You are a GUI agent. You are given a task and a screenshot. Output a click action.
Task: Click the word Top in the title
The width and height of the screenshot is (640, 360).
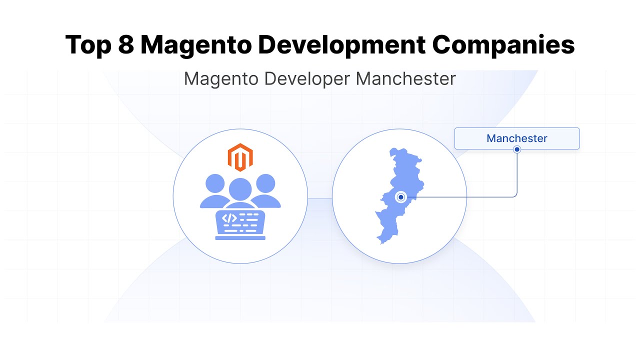[87, 45]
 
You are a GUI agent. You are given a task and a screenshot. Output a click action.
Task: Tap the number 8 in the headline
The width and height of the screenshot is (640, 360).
[126, 45]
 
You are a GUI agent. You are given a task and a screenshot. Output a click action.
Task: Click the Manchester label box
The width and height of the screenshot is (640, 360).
[516, 138]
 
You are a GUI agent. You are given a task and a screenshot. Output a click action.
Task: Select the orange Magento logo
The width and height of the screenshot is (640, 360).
[240, 157]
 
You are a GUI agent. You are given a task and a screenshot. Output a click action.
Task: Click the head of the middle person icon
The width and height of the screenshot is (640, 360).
[240, 188]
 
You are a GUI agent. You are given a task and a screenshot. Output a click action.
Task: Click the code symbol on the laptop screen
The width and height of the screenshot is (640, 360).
[229, 218]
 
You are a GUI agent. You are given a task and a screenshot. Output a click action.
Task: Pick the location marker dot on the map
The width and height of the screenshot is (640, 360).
[400, 197]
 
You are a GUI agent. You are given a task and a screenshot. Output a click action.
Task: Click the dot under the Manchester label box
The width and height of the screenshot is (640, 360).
[517, 149]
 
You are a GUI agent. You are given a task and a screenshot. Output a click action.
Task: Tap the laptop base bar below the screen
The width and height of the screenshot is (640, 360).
[240, 238]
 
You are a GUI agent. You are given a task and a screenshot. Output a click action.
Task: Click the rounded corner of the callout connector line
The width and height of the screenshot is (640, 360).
[515, 195]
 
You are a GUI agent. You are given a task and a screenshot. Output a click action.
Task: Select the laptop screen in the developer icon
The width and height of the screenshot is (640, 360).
[240, 222]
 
